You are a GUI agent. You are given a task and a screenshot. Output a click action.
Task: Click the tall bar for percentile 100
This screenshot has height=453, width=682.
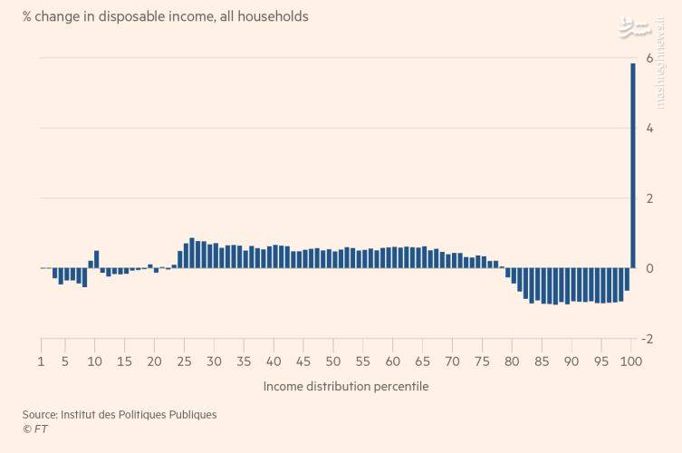point(633,166)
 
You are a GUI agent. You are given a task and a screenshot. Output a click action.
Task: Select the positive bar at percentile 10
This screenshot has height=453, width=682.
point(97,259)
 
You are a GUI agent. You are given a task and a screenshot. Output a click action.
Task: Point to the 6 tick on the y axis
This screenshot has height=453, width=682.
point(649,58)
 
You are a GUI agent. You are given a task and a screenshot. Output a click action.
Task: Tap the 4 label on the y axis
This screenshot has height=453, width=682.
point(649,129)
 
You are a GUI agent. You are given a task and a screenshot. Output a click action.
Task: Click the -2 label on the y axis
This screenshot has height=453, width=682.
point(648,339)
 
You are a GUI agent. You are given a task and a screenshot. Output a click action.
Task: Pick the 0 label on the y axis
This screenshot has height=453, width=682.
point(649,268)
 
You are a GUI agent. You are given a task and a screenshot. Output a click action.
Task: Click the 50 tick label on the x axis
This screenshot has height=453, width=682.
point(333,361)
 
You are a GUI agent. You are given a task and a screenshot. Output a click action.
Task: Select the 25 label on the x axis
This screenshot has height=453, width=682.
point(184,361)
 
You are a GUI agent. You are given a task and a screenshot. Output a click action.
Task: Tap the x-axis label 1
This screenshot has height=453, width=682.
point(41,361)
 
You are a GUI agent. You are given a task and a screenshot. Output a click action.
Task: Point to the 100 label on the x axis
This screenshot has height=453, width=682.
point(631,361)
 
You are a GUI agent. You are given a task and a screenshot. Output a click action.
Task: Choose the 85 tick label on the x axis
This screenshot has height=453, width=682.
point(542,361)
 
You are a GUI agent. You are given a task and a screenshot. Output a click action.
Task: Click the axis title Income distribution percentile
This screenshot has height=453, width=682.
point(346,387)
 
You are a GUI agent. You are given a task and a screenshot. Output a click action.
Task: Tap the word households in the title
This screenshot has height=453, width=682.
point(274,16)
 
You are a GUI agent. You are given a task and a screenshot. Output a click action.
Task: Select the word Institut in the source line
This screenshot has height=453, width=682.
point(78,415)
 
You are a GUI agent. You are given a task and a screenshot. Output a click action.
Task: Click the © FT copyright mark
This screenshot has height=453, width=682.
point(35,429)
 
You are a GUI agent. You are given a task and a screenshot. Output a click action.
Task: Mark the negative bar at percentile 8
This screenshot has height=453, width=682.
point(84,277)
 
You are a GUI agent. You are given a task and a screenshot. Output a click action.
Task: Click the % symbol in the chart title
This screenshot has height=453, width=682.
point(27,17)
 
